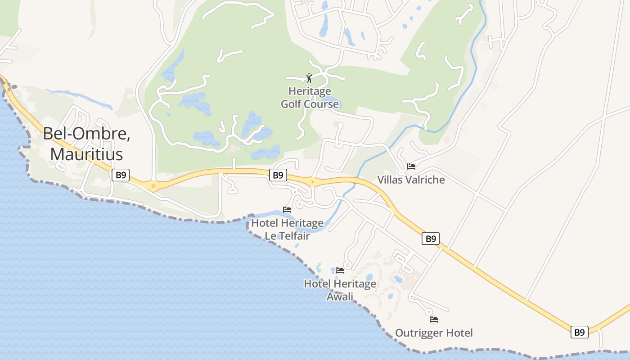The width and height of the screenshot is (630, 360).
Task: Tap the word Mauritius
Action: click(86, 154)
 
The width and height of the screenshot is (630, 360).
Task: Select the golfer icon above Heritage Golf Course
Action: click(309, 78)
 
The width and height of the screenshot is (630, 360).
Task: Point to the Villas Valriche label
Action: click(411, 180)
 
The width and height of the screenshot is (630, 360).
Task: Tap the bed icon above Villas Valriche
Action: click(411, 166)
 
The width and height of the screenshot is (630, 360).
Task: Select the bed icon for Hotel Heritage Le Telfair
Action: click(287, 210)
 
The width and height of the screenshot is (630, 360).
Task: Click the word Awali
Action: click(340, 297)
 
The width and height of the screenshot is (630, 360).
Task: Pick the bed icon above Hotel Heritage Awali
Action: click(340, 270)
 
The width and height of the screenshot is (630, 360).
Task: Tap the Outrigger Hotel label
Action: click(434, 333)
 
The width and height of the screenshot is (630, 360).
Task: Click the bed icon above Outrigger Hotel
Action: click(434, 319)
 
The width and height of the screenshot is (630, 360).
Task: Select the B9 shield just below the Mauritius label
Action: click(121, 175)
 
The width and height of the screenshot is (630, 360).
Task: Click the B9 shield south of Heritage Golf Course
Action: click(278, 175)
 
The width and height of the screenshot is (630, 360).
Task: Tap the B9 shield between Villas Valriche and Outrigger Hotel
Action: click(431, 238)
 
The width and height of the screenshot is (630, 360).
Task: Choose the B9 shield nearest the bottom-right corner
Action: click(580, 332)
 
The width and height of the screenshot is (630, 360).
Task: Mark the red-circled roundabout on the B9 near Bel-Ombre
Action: click(153, 185)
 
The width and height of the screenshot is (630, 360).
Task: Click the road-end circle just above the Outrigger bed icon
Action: click(429, 311)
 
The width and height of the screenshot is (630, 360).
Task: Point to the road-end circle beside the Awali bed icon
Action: click(347, 265)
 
